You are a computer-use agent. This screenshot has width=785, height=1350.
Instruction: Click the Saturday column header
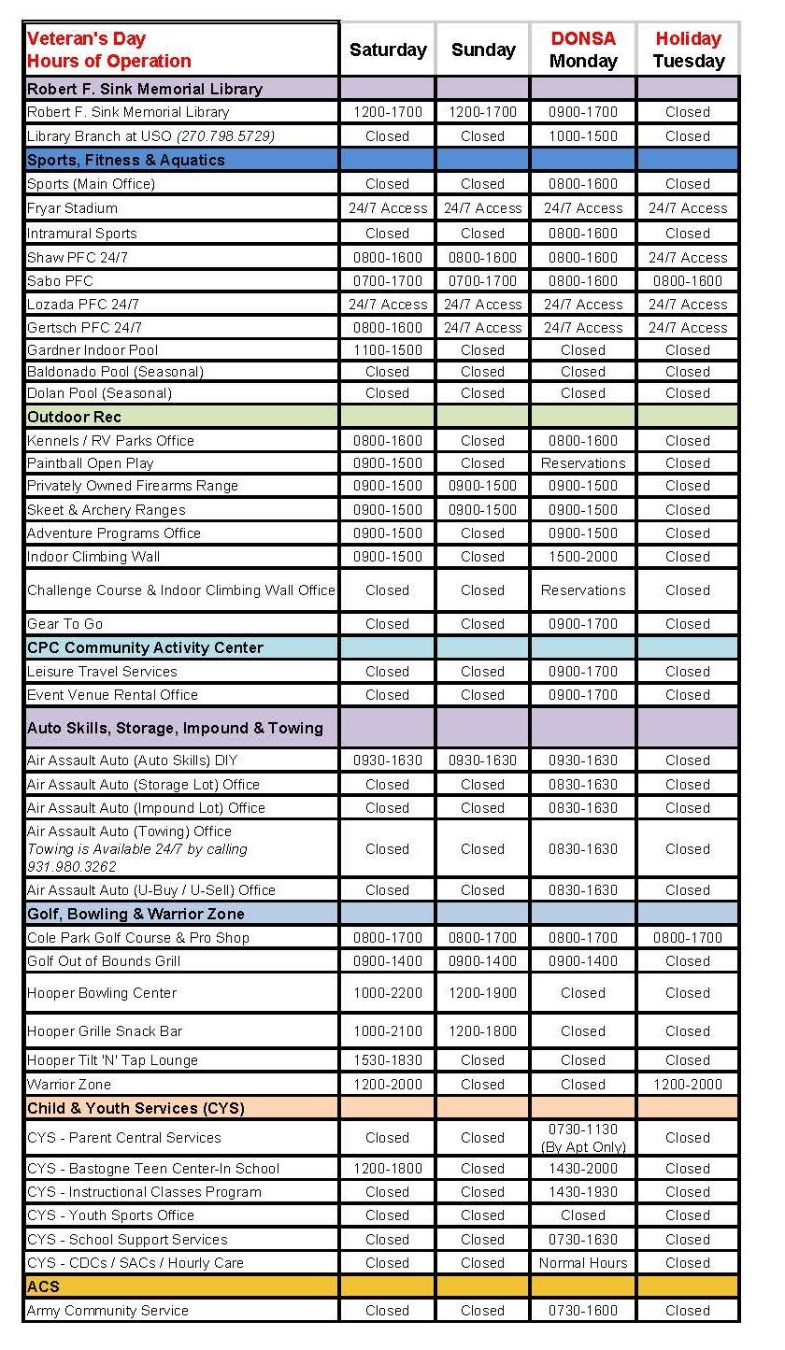388,50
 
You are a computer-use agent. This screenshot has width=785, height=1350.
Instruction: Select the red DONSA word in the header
583,39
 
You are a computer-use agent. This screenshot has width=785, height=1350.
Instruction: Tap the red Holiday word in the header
688,39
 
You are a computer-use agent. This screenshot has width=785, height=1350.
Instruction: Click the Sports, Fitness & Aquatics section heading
126,160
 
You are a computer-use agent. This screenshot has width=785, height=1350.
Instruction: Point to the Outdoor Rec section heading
74,417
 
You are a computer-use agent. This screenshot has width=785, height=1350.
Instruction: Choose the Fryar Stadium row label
72,208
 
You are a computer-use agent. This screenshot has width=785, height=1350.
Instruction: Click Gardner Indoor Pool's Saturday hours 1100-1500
388,350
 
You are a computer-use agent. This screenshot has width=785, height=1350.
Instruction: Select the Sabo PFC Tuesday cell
688,280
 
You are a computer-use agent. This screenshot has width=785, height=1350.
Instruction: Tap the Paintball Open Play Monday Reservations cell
583,463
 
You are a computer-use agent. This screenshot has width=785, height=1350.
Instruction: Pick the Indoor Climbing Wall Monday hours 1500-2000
583,557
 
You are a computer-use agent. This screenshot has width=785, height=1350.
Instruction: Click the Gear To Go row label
64,624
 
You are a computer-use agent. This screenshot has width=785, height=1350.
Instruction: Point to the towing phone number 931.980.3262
65,867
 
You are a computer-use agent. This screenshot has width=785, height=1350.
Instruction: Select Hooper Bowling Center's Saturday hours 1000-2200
388,993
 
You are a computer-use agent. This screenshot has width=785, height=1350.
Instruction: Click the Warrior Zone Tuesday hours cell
688,1085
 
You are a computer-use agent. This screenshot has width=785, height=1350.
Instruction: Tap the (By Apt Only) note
583,1147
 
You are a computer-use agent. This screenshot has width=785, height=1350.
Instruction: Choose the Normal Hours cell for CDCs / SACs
583,1263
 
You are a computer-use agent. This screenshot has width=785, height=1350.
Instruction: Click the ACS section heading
43,1286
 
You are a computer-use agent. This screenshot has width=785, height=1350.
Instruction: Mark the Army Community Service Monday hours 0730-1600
583,1311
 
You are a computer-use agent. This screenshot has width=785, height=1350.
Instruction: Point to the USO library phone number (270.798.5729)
229,136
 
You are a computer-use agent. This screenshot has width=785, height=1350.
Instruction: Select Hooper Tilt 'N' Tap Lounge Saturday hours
388,1060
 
